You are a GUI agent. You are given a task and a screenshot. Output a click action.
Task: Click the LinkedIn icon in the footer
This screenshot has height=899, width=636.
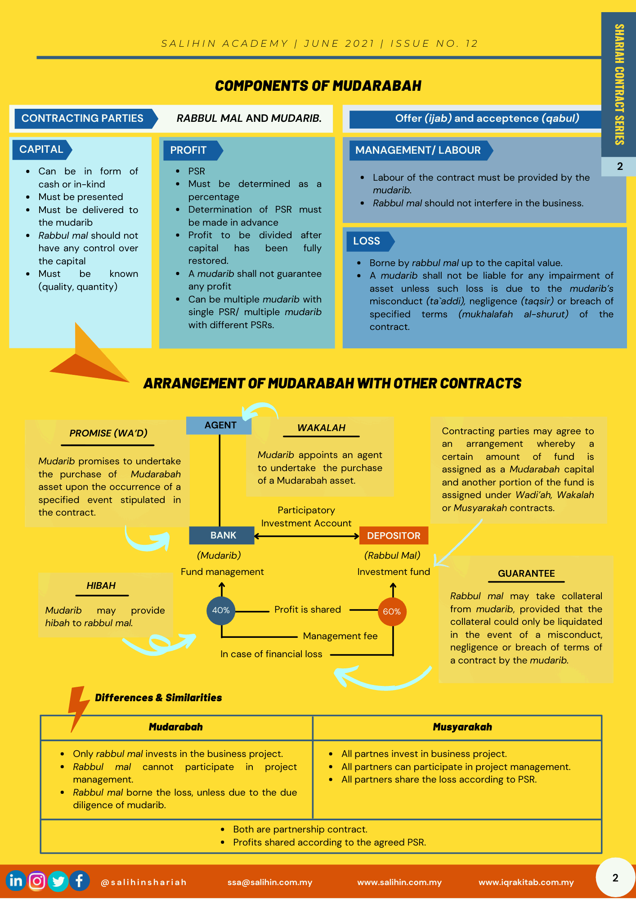(16, 881)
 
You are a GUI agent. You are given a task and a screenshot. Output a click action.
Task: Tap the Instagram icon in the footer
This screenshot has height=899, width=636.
(37, 881)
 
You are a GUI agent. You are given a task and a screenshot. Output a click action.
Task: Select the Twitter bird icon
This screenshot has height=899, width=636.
(58, 881)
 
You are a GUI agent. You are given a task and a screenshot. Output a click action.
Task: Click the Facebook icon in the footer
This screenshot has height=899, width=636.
(80, 881)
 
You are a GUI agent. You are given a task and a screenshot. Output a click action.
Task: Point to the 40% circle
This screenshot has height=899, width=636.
(221, 610)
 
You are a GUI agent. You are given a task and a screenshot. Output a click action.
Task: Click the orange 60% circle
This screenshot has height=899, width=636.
(392, 611)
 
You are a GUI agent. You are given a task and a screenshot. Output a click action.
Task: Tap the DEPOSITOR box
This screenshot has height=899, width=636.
(394, 535)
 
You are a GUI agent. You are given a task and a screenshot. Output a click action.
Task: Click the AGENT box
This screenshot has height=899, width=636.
(220, 425)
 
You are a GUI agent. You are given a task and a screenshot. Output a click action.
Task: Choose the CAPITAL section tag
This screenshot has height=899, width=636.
(41, 150)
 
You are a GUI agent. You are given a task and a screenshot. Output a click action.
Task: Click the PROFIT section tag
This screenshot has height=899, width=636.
(189, 150)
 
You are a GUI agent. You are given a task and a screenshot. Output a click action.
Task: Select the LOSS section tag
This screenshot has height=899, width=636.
(367, 241)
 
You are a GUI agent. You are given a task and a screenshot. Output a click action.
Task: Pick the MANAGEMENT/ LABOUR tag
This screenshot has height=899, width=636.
(418, 150)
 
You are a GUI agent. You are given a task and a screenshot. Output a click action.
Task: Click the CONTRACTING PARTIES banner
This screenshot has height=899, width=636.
(83, 118)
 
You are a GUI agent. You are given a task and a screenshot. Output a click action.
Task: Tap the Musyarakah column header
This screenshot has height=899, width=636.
(462, 727)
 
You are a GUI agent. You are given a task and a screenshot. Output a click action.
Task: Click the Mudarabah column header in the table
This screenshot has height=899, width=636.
(176, 727)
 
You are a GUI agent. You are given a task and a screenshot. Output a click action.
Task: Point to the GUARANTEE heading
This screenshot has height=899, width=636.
(526, 574)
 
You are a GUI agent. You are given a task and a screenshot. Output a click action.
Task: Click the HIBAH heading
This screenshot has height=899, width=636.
(101, 586)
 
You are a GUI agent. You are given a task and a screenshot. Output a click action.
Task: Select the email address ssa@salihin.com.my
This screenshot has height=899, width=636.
(270, 882)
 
